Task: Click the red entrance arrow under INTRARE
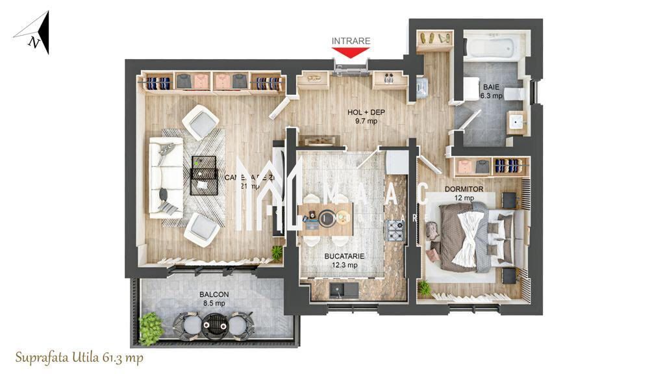click(351, 53)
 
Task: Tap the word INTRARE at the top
click(351, 41)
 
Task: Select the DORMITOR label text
click(463, 190)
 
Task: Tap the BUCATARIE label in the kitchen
click(344, 256)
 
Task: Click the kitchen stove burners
click(395, 229)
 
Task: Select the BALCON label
click(213, 294)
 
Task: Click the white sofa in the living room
click(166, 177)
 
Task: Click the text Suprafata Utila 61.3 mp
click(79, 358)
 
